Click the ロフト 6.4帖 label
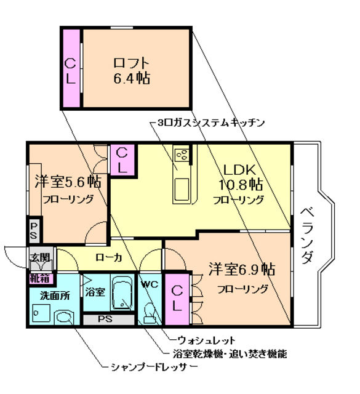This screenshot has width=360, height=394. coord(132,70)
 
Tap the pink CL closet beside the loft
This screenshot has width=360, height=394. coord(71,70)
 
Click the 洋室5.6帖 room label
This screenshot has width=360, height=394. coord(67,182)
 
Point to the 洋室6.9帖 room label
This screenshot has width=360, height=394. coord(241,270)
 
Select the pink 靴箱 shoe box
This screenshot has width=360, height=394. coord(40,278)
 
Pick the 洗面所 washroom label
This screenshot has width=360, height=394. coord(54,295)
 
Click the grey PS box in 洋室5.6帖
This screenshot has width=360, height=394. coord(34,231)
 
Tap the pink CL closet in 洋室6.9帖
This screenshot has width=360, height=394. coord(177,297)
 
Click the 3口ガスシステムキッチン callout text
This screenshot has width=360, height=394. coord(210,123)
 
